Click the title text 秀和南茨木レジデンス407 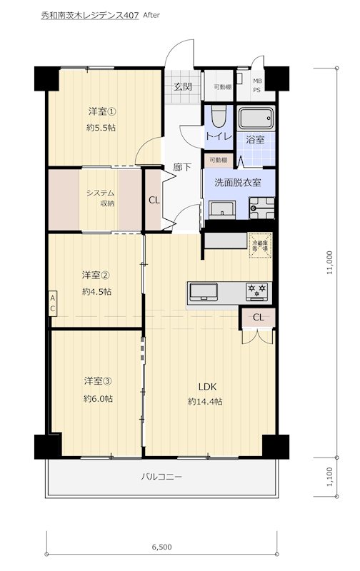click(x=90, y=14)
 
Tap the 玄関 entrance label click(x=182, y=87)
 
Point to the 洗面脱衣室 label click(x=237, y=182)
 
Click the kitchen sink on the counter click(x=204, y=291)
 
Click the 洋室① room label click(x=102, y=111)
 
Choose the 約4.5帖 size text click(x=96, y=291)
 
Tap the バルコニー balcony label click(x=161, y=476)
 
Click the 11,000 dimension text click(x=329, y=263)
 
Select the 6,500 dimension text click(x=161, y=547)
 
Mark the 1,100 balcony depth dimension click(x=329, y=475)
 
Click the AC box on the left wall click(x=53, y=303)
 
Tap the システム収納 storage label click(x=101, y=198)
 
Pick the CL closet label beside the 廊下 click(x=154, y=200)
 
